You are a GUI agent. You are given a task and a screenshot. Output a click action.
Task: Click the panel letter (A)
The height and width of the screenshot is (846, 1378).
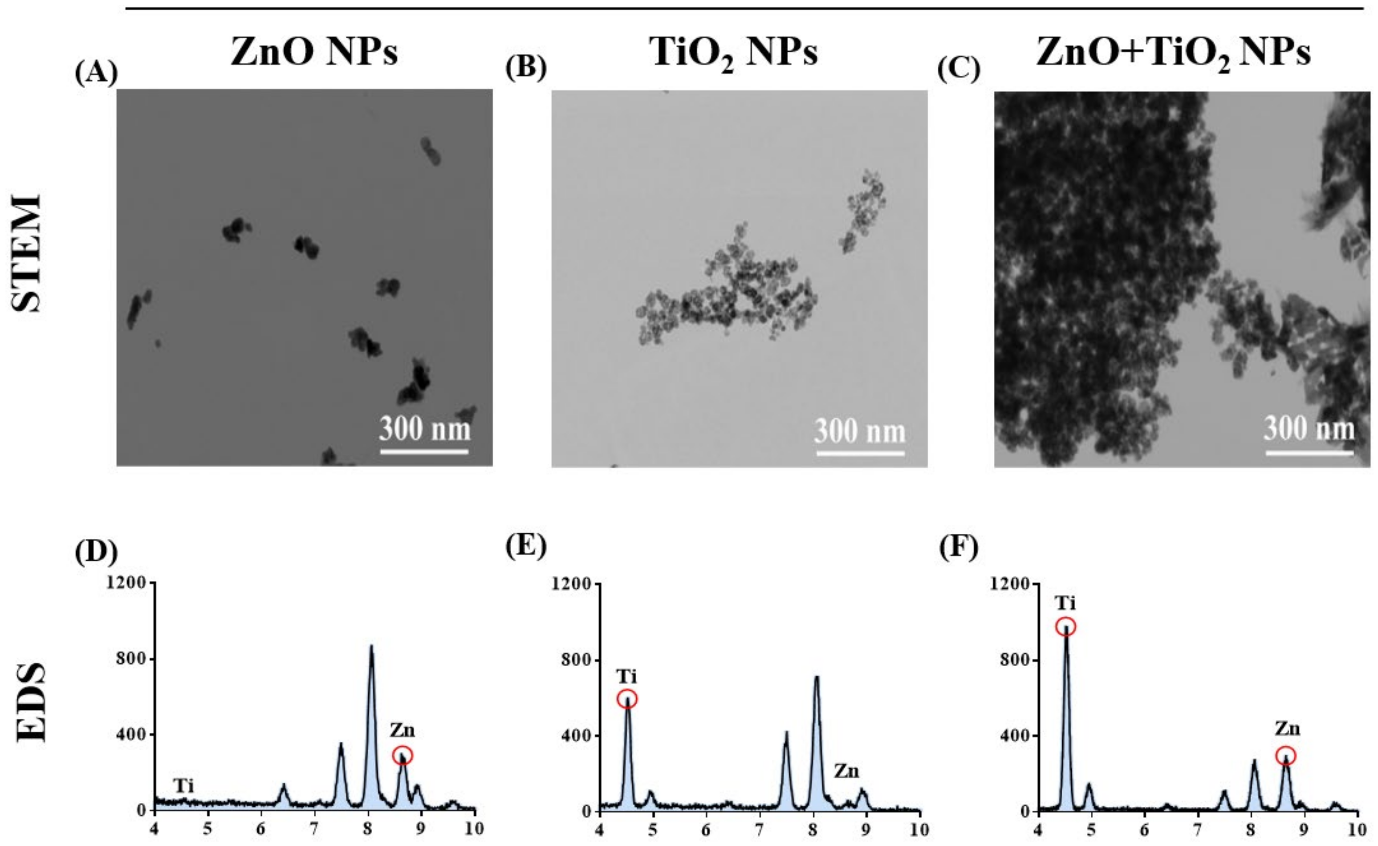click(96, 71)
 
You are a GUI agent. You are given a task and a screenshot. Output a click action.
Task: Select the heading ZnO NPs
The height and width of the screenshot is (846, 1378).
click(314, 53)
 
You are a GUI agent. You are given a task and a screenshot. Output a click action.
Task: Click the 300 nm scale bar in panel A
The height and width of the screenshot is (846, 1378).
click(424, 451)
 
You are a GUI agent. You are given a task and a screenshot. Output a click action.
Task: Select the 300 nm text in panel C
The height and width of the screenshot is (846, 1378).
click(1309, 429)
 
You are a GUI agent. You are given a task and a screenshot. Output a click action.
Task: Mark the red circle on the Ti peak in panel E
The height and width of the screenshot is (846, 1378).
click(627, 699)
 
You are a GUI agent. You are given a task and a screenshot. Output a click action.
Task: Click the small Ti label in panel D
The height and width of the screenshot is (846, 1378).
click(183, 786)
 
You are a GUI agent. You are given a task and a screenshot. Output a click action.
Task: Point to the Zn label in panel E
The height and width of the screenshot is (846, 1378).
click(846, 772)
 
